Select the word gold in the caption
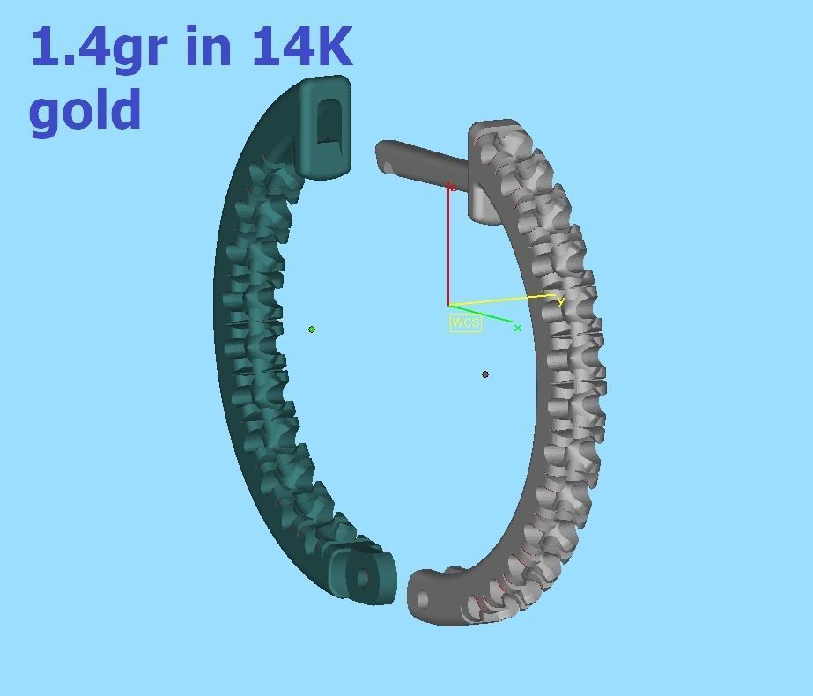[85, 110]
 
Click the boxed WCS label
[465, 322]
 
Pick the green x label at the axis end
[518, 329]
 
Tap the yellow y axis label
[560, 301]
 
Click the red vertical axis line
[448, 247]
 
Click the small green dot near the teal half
[312, 329]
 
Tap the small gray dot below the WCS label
[485, 374]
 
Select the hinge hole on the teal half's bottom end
[363, 579]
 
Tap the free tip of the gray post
[382, 156]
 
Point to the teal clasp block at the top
[325, 128]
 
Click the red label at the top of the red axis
[452, 187]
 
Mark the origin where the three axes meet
[448, 306]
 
